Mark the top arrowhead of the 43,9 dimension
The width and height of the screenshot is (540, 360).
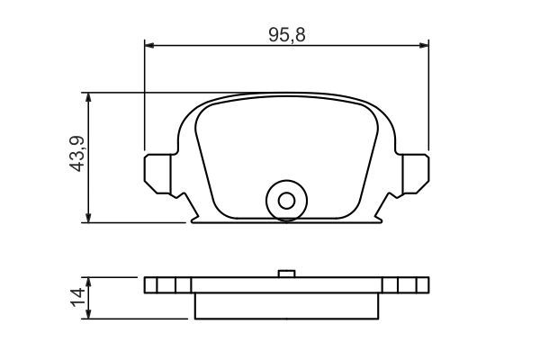(x=87, y=97)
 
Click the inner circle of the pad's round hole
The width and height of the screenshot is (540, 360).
(x=286, y=202)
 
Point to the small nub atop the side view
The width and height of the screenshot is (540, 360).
(x=286, y=274)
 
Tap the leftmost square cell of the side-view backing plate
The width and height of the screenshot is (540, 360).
(x=150, y=285)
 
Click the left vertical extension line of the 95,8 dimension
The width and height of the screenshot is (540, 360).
(x=144, y=99)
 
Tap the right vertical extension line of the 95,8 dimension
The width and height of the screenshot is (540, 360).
(x=428, y=99)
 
